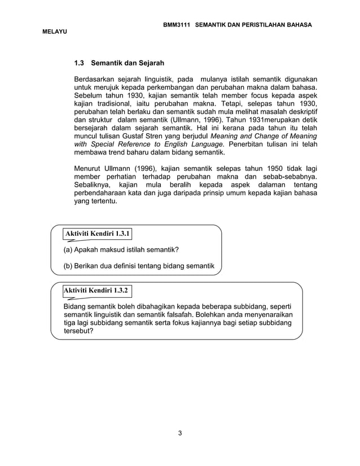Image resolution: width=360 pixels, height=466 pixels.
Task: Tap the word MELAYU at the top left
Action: [x=55, y=34]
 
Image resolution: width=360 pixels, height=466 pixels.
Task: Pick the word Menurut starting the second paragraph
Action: [x=88, y=169]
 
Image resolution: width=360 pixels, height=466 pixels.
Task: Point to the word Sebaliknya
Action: [x=93, y=185]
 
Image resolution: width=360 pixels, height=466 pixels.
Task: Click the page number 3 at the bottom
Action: [x=179, y=433]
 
